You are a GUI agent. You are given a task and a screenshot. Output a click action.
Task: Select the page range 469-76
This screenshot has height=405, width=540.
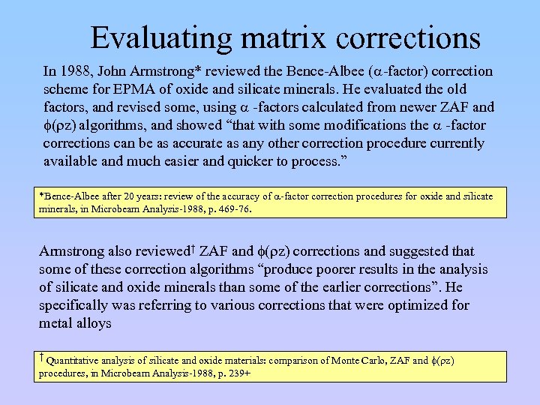tap(234, 210)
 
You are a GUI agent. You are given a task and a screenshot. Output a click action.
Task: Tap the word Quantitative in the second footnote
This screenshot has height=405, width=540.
tap(74, 361)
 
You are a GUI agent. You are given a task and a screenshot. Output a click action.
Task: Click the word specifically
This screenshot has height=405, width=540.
tap(76, 305)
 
